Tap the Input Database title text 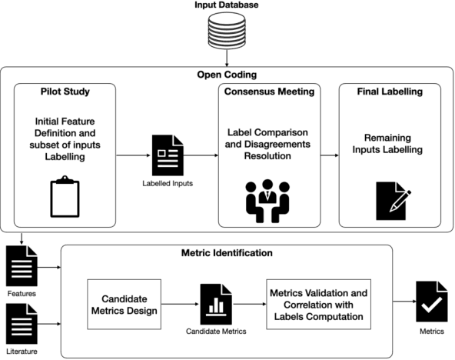(227, 6)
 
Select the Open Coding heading (227, 75)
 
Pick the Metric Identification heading (227, 253)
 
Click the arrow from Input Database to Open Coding (227, 58)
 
